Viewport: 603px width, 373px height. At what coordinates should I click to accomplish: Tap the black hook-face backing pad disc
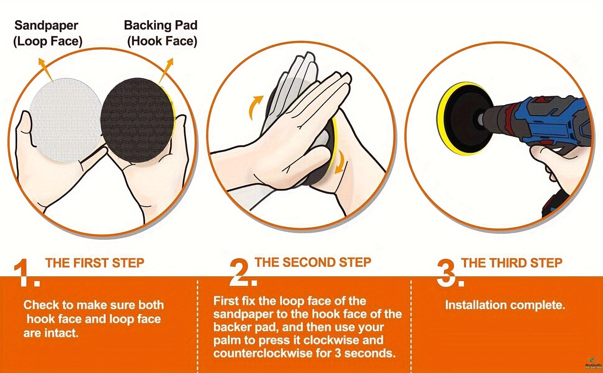click(x=137, y=120)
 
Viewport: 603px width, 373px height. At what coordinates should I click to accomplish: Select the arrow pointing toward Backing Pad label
click(x=166, y=70)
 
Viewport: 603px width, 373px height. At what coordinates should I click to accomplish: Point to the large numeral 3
click(x=450, y=273)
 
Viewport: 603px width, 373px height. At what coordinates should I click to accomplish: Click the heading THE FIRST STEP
click(x=95, y=263)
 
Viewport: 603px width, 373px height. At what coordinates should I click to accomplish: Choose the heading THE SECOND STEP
click(x=313, y=262)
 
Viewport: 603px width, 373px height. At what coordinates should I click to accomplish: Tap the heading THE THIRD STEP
click(x=512, y=263)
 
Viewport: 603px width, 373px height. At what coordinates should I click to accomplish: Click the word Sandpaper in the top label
click(x=46, y=25)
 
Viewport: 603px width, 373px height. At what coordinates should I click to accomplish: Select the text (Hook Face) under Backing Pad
click(x=162, y=41)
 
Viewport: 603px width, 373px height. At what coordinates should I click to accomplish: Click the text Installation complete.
click(x=505, y=305)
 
